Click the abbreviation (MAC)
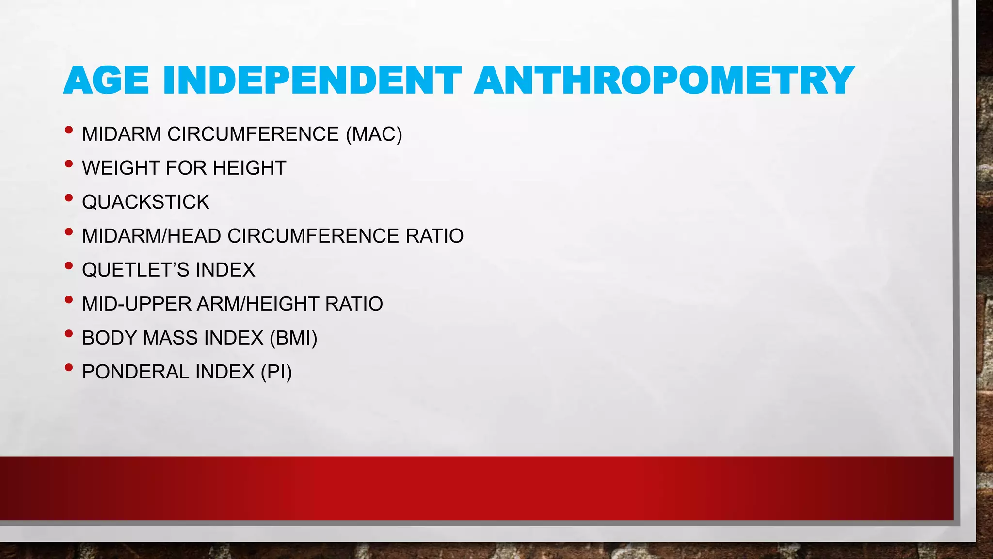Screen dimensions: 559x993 point(374,134)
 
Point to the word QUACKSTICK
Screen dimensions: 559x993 point(145,202)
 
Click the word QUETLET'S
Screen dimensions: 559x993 point(135,270)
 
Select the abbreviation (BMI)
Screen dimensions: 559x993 point(293,338)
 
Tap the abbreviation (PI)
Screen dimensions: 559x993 point(276,372)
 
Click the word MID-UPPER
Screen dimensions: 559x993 point(137,304)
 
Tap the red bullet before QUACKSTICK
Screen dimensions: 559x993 point(69,198)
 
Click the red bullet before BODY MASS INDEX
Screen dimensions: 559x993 point(69,334)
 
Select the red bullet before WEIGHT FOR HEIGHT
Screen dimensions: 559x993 point(69,164)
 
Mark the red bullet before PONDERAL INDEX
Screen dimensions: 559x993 point(69,368)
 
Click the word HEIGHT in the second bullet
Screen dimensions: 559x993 point(249,168)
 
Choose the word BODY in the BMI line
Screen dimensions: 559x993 point(109,338)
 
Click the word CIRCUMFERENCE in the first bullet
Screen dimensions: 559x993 point(253,134)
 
